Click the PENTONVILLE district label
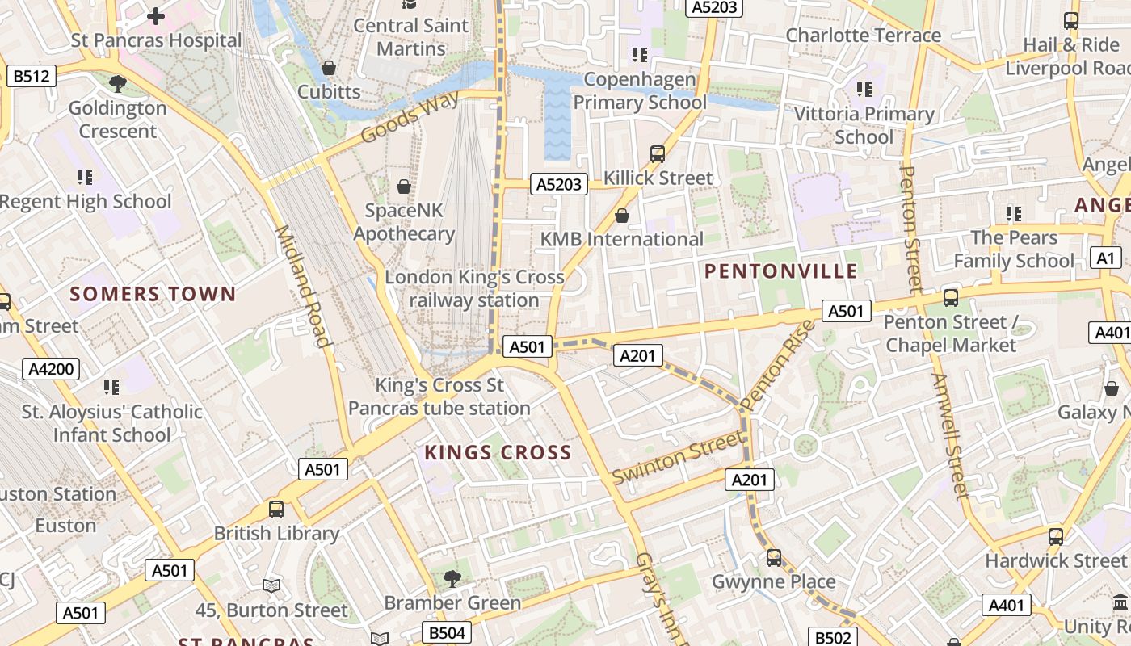tap(780, 271)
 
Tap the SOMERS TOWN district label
tap(153, 294)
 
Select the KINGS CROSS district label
tap(498, 453)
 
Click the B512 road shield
tap(32, 77)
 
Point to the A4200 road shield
tap(52, 370)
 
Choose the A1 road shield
tap(1105, 258)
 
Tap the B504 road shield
tap(447, 632)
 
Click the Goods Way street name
tap(410, 116)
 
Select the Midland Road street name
tap(304, 286)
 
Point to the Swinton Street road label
tap(677, 458)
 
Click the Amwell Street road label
tap(948, 436)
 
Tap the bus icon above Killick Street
tap(658, 153)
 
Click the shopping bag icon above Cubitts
tap(329, 68)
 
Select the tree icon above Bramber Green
tap(452, 578)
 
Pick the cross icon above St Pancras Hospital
tap(156, 15)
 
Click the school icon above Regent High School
tap(85, 177)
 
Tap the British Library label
tap(276, 534)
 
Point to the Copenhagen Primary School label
tap(640, 90)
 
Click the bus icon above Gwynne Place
tap(774, 557)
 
